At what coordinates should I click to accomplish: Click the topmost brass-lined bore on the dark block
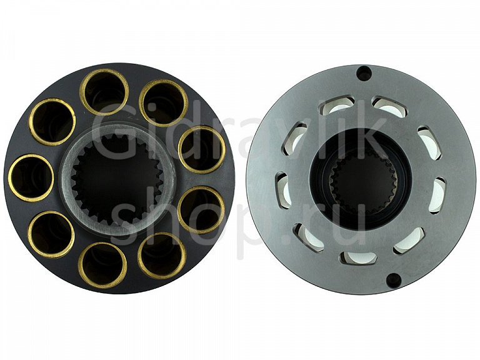point(104,92)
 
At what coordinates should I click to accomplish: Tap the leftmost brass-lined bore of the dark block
point(31,178)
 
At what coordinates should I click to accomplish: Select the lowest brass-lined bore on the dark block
point(102,266)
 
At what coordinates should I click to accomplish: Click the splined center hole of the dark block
point(117,181)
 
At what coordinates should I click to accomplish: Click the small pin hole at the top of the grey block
point(363,74)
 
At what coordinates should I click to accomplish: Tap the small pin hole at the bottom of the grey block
point(392,279)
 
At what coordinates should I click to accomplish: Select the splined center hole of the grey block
point(363,182)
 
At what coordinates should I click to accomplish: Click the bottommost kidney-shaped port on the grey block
point(358,257)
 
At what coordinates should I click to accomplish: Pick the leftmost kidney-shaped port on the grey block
point(284,191)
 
